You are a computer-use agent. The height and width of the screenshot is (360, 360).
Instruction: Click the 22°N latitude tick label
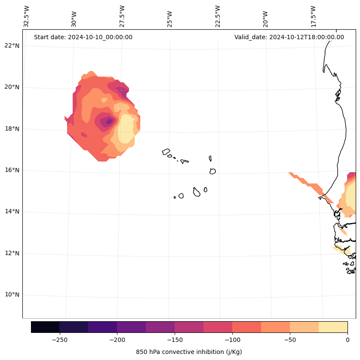point(11,46)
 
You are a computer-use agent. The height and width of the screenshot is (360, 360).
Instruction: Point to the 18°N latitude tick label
point(11,129)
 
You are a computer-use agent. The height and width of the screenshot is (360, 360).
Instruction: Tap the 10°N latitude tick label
point(11,295)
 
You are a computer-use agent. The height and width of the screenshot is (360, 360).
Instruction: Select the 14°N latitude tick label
point(11,212)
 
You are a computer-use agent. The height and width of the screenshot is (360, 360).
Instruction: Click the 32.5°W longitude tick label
point(27,16)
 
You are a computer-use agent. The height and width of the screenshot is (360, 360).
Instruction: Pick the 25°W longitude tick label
point(170,19)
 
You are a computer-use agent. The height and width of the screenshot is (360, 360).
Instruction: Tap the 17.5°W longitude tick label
point(313,16)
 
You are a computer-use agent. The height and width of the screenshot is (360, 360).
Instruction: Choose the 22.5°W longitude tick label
point(218,16)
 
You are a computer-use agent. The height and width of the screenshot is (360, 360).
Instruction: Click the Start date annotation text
point(83,37)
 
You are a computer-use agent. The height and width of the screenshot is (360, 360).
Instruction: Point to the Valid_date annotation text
point(289,37)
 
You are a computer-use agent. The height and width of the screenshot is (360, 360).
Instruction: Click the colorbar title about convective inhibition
point(189,352)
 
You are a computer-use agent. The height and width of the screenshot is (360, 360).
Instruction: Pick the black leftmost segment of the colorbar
point(45,327)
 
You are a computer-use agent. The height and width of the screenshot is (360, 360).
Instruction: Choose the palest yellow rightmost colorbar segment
point(333,327)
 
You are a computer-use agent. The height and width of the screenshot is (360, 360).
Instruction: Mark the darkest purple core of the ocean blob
point(109,121)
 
